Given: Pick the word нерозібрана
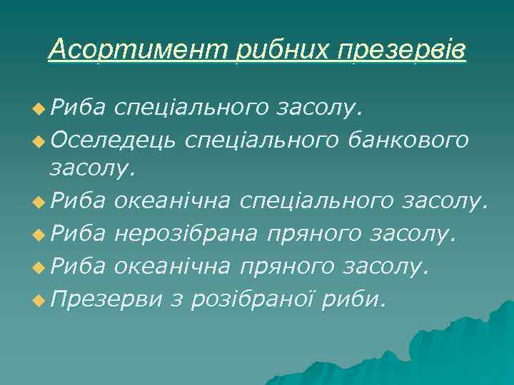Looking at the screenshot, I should (x=189, y=233).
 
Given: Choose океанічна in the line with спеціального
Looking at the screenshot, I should (x=172, y=202).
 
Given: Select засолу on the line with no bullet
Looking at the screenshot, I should (x=91, y=170).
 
